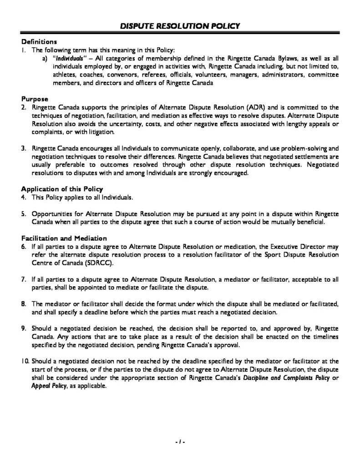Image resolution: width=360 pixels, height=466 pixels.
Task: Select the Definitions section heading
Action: (x=39, y=42)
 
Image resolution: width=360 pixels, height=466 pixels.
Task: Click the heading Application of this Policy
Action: (x=62, y=189)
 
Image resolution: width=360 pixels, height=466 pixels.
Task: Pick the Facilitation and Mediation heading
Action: (x=64, y=238)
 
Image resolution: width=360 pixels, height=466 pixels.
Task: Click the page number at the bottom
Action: (x=180, y=442)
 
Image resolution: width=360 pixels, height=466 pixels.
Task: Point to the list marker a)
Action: (x=45, y=59)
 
